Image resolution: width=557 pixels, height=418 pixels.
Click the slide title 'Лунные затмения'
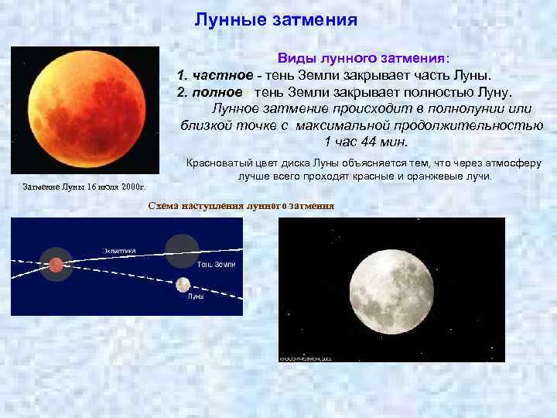275,19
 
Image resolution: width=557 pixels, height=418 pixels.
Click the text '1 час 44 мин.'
361,142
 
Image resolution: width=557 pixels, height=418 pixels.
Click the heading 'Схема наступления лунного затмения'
241,205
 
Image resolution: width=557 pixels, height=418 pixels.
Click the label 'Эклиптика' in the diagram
120,249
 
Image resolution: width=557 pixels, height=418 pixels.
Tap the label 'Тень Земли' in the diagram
216,265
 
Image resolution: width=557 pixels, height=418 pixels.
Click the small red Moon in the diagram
56,266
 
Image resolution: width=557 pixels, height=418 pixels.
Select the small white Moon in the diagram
183,284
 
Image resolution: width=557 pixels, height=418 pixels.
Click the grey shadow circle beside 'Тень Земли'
182,250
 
